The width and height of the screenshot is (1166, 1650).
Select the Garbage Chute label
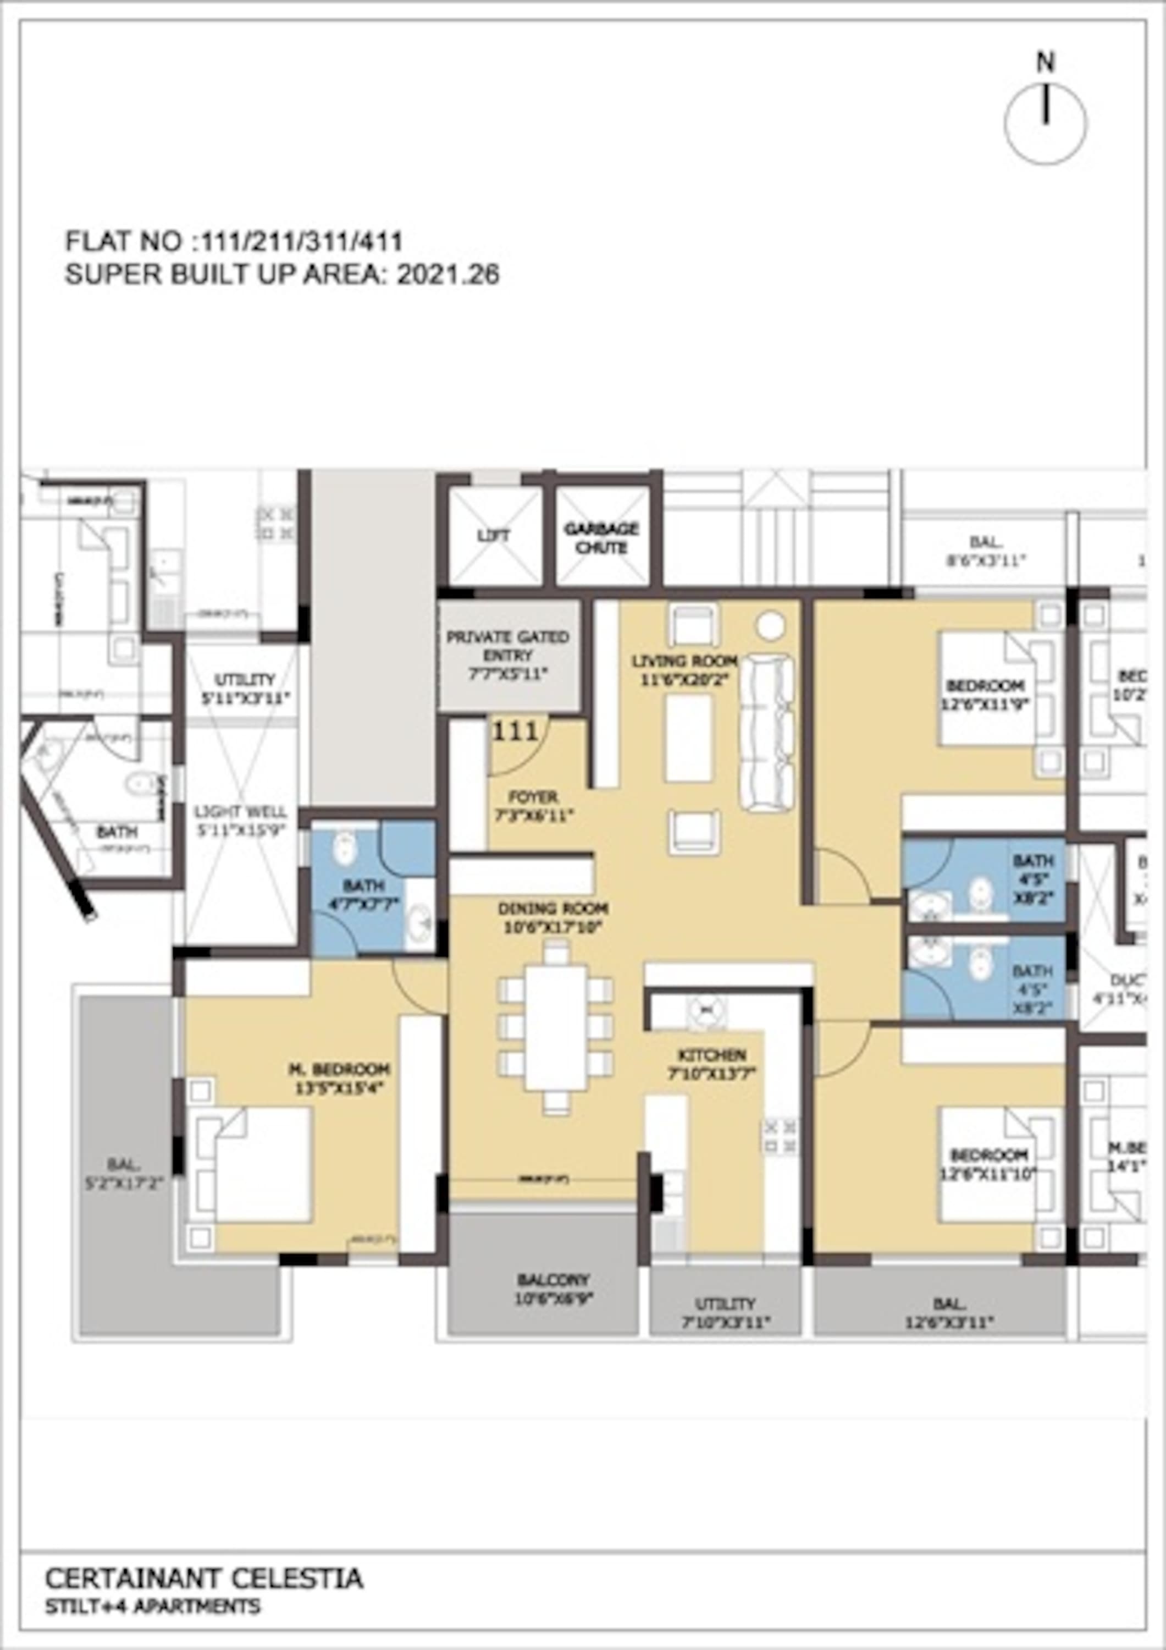(x=601, y=537)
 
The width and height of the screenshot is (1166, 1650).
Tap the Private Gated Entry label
(x=508, y=654)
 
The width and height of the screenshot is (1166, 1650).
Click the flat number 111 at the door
(x=515, y=732)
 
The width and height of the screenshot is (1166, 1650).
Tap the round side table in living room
(x=771, y=626)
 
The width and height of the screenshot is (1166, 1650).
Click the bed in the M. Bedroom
(x=252, y=1164)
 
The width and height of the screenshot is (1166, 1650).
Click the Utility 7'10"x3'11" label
(x=725, y=1312)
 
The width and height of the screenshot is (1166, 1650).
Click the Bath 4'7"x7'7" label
(x=363, y=893)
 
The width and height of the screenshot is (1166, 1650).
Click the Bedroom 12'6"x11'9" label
(x=985, y=694)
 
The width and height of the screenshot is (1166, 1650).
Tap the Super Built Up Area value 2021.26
(x=447, y=275)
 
